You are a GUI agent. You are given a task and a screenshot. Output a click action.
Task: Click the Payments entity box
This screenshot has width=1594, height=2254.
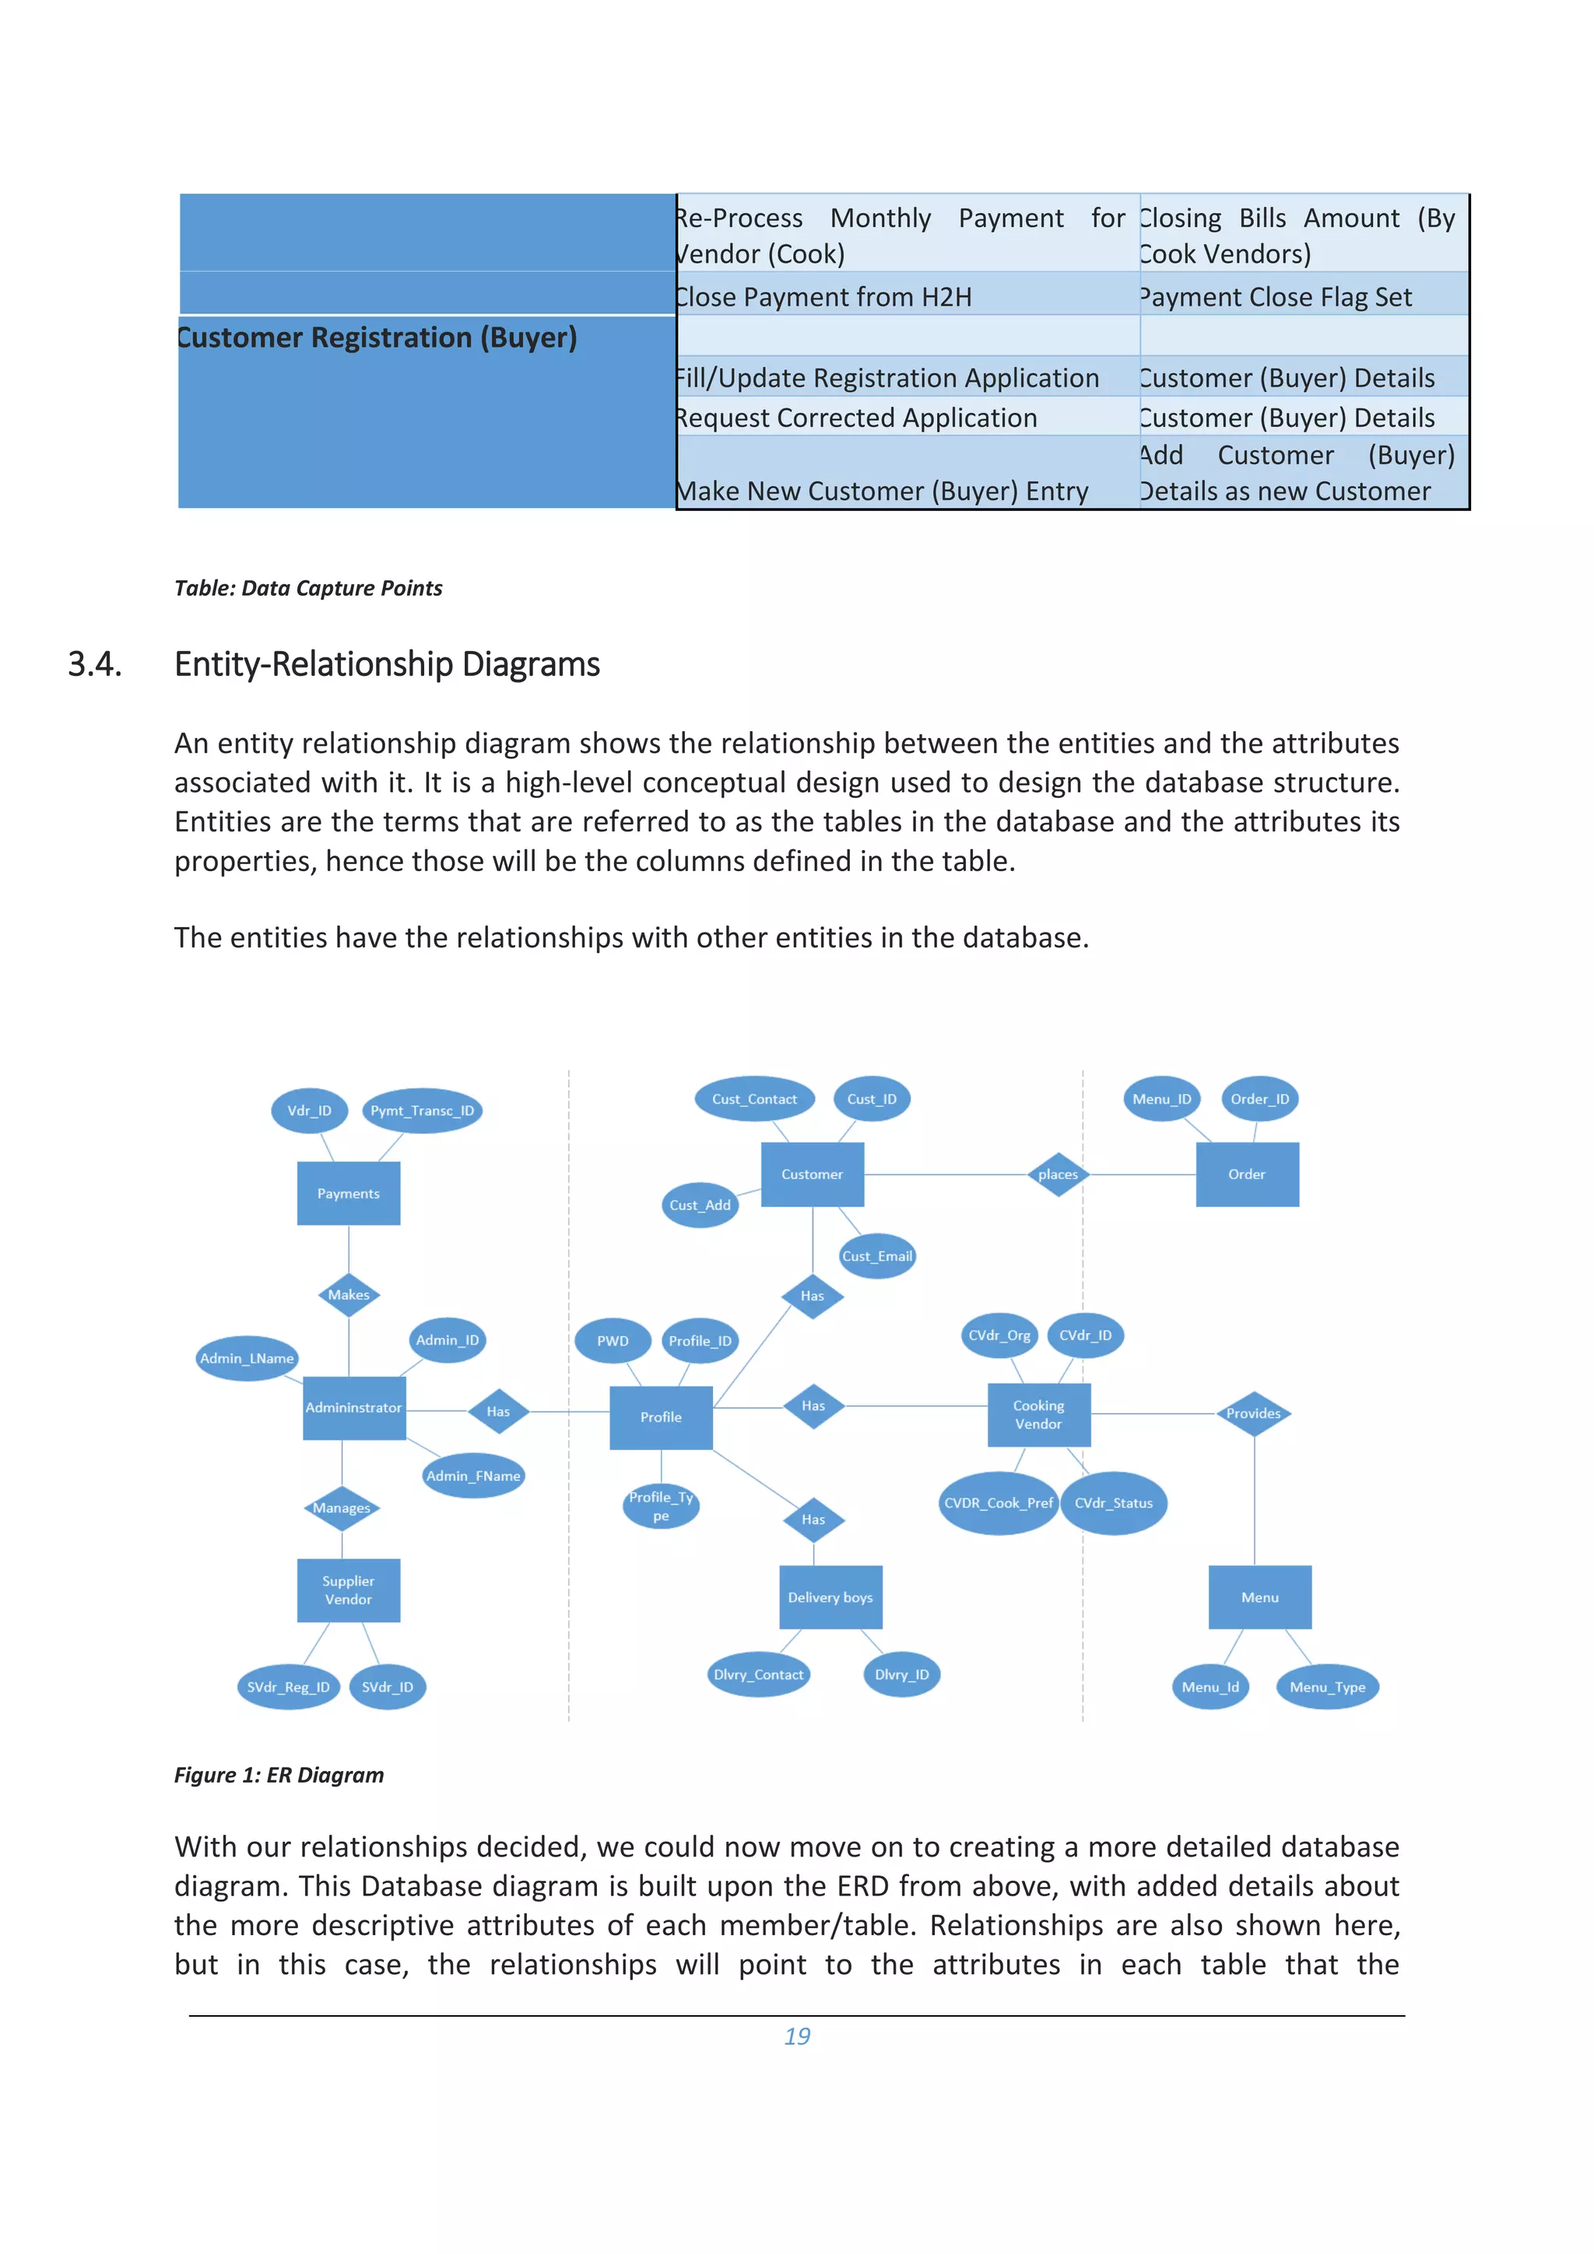pyautogui.click(x=348, y=1193)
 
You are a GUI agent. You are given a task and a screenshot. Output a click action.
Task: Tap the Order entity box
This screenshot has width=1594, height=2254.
pyautogui.click(x=1246, y=1174)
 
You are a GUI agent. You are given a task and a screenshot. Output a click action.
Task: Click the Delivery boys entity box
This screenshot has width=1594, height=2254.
pyautogui.click(x=830, y=1598)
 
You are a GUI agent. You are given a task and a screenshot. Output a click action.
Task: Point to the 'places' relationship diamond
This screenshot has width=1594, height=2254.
pyautogui.click(x=1058, y=1174)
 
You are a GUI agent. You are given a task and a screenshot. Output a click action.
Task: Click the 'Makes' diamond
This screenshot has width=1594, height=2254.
pyautogui.click(x=349, y=1295)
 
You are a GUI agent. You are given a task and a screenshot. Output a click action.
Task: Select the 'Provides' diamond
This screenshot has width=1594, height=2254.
pyautogui.click(x=1253, y=1414)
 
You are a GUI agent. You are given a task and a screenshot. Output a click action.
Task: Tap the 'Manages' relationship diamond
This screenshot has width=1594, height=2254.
pyautogui.click(x=342, y=1508)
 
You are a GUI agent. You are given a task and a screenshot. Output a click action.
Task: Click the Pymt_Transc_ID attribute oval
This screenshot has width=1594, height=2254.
pyautogui.click(x=423, y=1111)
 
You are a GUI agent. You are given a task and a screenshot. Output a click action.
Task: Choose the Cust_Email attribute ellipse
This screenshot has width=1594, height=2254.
pyautogui.click(x=877, y=1255)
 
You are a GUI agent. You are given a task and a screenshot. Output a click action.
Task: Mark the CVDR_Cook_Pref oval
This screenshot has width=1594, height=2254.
pyautogui.click(x=998, y=1503)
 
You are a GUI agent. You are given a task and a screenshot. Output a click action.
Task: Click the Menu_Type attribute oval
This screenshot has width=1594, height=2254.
pyautogui.click(x=1327, y=1686)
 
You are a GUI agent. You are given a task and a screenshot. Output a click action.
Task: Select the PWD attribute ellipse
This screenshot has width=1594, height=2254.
pyautogui.click(x=613, y=1341)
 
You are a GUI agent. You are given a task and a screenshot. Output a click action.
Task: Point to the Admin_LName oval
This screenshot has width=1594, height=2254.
pyautogui.click(x=247, y=1359)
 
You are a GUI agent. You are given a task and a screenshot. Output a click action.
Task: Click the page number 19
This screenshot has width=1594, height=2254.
pyautogui.click(x=796, y=2036)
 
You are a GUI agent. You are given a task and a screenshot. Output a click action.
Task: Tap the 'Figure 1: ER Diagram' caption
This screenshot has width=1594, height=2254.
pyautogui.click(x=279, y=1775)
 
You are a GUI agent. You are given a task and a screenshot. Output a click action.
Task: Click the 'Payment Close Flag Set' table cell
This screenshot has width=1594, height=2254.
pyautogui.click(x=1276, y=296)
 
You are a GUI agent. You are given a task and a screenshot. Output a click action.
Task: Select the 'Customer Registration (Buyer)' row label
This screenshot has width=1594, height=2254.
pyautogui.click(x=377, y=338)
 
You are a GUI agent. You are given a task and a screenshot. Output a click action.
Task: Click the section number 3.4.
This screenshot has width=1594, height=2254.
pyautogui.click(x=95, y=665)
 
